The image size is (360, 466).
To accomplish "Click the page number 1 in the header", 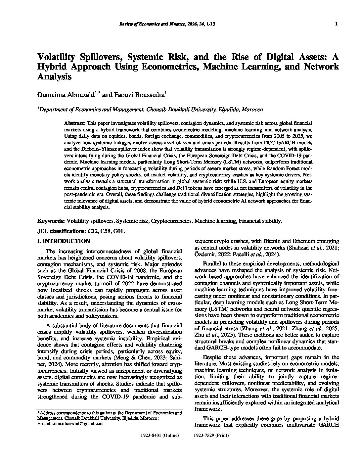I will (336, 24).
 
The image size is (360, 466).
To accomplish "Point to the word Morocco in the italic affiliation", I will (252, 109).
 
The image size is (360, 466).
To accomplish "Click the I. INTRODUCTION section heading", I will (64, 241).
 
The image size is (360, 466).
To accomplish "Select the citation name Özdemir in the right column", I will (204, 254).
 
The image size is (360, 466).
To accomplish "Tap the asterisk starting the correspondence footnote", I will (38, 413).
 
